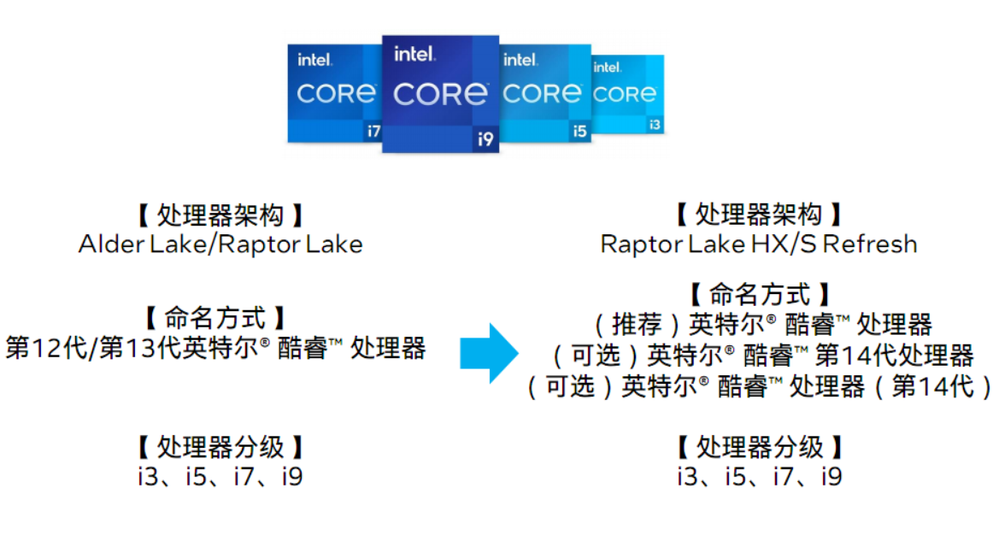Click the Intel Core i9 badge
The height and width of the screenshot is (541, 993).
coord(440,94)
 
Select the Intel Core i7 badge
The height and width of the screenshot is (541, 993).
coord(335,92)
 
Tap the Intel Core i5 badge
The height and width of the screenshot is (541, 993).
coord(544,92)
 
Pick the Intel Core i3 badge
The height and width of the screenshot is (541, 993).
coord(627,94)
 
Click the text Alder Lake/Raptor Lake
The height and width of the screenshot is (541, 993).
coord(220,244)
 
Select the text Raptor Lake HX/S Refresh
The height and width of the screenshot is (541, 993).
coord(759,244)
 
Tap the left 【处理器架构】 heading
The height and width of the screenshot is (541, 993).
coord(220,215)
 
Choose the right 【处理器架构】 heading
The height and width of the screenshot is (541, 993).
coord(759,215)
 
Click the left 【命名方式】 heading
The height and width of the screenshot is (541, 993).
coord(215,319)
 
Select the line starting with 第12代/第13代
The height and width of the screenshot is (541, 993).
coord(215,349)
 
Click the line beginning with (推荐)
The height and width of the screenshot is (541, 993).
coord(761,325)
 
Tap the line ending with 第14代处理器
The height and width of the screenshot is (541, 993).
coord(761,355)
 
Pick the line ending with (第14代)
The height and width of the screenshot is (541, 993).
coord(761,386)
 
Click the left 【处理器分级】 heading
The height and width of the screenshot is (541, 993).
coord(220,446)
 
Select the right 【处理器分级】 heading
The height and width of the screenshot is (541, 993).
coord(759,446)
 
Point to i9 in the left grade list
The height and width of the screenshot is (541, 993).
coord(292,476)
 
